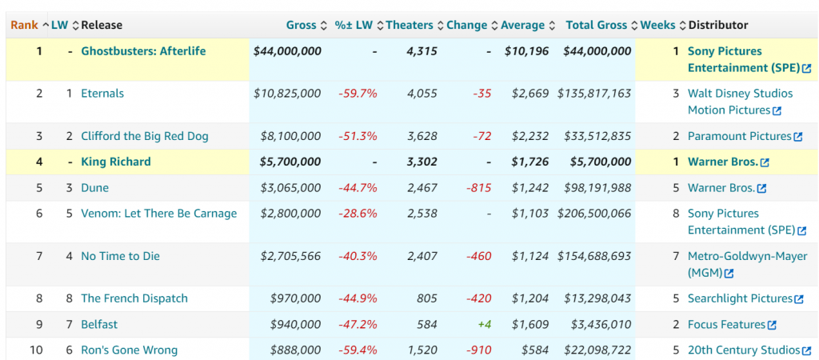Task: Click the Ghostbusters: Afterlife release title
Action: (143, 51)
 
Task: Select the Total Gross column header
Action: (597, 25)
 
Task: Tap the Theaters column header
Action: (409, 25)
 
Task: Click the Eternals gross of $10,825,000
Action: (287, 94)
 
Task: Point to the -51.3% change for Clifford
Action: (357, 136)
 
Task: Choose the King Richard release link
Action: (116, 162)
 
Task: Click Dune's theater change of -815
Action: (478, 188)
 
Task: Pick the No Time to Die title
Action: (121, 256)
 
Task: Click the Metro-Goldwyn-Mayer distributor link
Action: (747, 257)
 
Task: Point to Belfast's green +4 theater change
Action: (483, 325)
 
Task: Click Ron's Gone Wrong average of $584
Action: (536, 350)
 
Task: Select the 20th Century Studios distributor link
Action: (743, 350)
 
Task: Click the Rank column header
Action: (24, 25)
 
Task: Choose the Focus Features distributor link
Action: (726, 325)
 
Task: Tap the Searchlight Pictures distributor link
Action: (740, 298)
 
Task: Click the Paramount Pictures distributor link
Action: (739, 136)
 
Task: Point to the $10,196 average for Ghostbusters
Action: (527, 51)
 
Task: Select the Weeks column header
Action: (657, 25)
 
